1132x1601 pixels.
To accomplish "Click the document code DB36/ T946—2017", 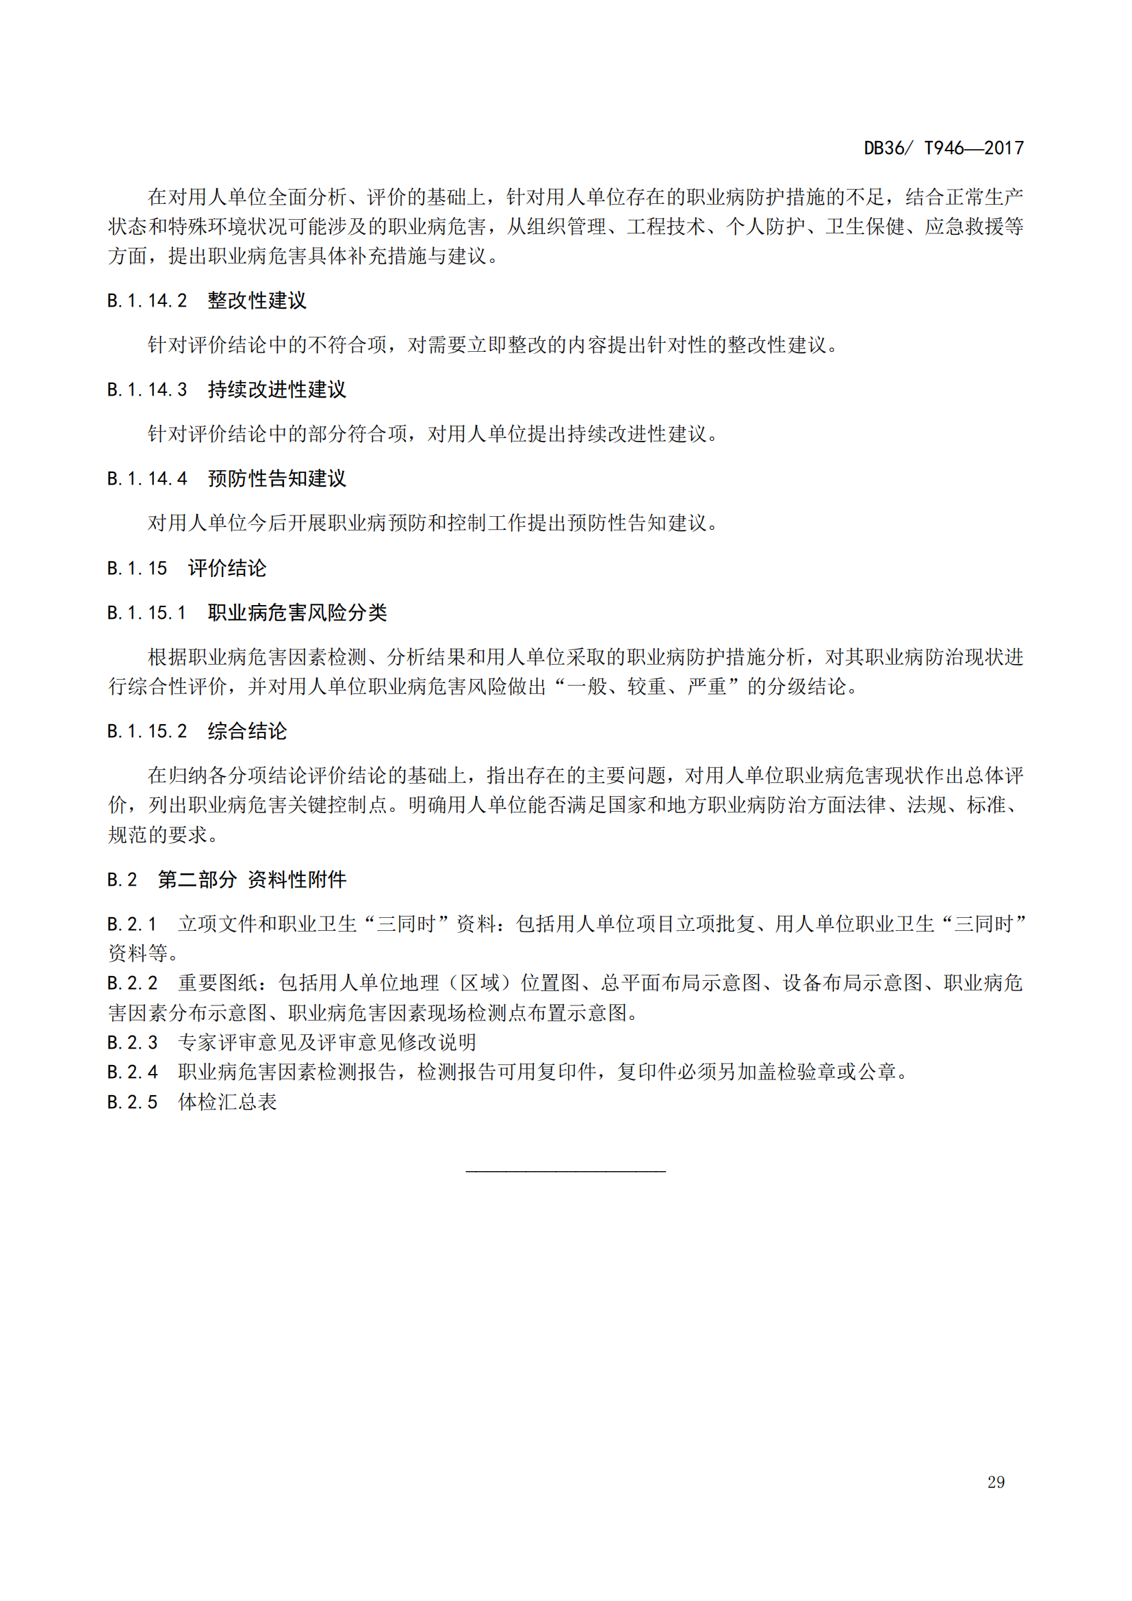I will pos(943,148).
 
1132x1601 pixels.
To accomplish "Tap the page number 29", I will pos(995,1482).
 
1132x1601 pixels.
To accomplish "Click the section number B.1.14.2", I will pos(147,300).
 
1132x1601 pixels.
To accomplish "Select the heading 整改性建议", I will pos(257,300).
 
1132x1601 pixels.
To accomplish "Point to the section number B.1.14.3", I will pos(147,389).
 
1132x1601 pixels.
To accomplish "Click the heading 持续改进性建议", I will pos(276,389).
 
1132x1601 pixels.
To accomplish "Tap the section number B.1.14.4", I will pos(147,479).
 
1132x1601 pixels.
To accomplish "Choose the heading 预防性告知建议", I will pos(276,479).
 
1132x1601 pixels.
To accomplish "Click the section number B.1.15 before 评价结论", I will pos(138,568).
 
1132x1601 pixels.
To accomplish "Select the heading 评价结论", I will pos(227,568).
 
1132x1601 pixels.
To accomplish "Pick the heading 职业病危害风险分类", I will pos(297,613).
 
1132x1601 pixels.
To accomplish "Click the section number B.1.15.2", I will pos(147,732).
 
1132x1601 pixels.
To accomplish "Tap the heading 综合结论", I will pos(247,732).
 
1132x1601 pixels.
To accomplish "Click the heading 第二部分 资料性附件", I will pos(252,880).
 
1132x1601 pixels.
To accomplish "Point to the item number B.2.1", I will pos(133,924).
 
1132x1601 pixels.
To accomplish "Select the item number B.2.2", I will pos(133,983).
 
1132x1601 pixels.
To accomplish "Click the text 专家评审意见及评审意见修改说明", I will pos(327,1042).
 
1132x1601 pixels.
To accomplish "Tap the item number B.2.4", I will pos(133,1072).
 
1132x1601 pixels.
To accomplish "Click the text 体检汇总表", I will pos(227,1102).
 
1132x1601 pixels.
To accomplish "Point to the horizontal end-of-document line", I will pos(565,1170).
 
